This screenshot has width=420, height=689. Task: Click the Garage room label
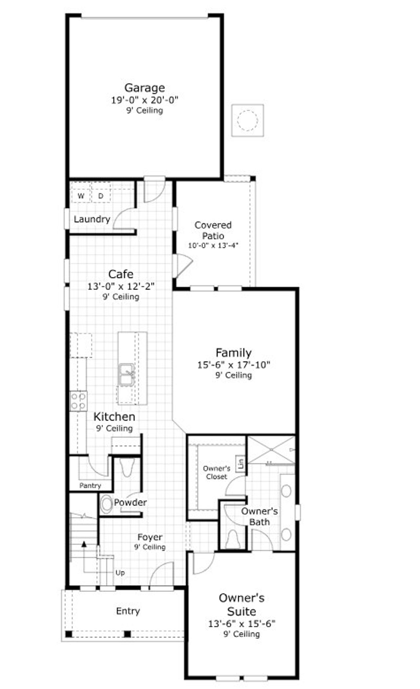(144, 88)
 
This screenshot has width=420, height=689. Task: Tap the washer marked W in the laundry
(81, 196)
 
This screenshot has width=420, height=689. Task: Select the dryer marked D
(101, 196)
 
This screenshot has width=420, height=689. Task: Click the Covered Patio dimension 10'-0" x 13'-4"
(213, 245)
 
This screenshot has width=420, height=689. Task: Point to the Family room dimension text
(233, 365)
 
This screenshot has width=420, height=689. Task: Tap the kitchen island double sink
(126, 374)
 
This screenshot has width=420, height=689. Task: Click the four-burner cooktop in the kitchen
(78, 401)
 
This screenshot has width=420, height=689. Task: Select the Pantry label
(90, 486)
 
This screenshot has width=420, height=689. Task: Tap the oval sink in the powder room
(106, 504)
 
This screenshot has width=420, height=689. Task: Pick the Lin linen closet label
(241, 464)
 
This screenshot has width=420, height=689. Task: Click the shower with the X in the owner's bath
(271, 449)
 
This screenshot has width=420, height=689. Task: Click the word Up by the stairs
(120, 573)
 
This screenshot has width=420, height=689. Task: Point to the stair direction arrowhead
(84, 544)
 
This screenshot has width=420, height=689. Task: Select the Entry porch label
(128, 611)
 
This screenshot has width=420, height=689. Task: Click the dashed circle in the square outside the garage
(247, 120)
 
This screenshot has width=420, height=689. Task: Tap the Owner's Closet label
(217, 472)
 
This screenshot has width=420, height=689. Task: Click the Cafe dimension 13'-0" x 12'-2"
(121, 286)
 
